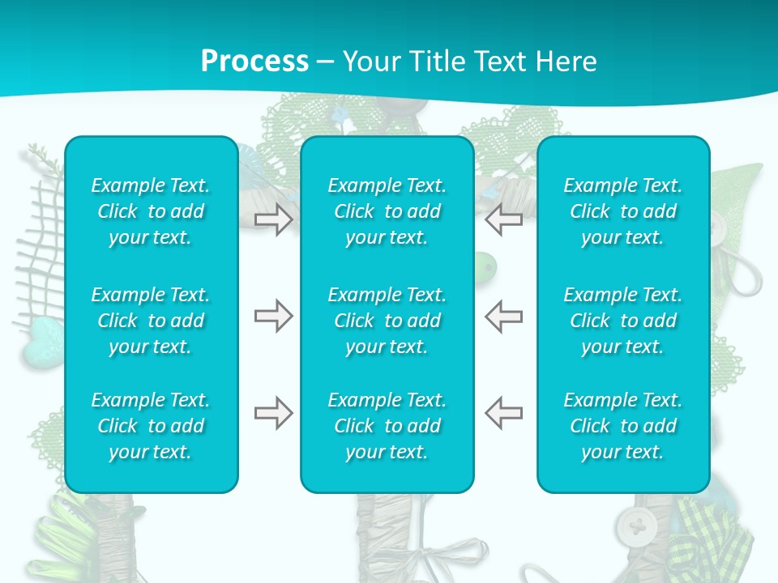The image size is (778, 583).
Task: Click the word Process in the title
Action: pos(254,62)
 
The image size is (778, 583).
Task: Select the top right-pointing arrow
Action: pos(273,219)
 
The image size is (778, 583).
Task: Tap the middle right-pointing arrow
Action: pos(273,317)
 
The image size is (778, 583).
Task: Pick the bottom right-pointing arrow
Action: pos(273,414)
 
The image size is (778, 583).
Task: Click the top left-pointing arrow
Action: pos(503,219)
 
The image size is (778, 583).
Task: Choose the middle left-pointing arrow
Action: pos(503,317)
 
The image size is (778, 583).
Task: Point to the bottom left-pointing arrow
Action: pos(503,414)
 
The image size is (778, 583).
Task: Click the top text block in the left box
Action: pos(151,211)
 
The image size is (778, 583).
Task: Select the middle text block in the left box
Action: pos(151,321)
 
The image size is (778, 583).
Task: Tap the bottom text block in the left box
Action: pos(151,426)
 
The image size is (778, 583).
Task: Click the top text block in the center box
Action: pos(387,211)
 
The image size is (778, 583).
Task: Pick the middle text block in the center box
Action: pos(387,321)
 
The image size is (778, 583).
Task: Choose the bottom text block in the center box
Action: pos(387,426)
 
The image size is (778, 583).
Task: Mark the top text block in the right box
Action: pos(623,211)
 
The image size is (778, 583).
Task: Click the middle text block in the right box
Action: pos(623,321)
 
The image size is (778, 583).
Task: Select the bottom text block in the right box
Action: pos(623,426)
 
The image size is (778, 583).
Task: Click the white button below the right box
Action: pos(637,528)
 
